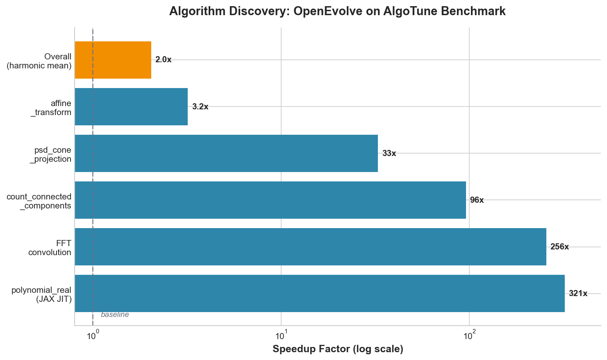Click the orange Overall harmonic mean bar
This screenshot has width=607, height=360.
(113, 60)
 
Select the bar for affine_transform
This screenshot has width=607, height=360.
(131, 106)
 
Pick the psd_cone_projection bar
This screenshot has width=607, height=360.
(226, 153)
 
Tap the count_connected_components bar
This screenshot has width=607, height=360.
(271, 200)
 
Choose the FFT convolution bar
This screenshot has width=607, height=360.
(311, 247)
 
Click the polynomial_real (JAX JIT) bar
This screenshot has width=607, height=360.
(320, 293)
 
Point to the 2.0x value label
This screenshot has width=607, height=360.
(164, 60)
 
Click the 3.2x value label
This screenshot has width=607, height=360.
(200, 107)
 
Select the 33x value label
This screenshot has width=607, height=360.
(389, 154)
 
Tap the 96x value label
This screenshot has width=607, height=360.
(477, 200)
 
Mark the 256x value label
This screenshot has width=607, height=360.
(560, 247)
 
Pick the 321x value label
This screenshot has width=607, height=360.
(578, 294)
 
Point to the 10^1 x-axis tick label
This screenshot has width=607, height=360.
(281, 335)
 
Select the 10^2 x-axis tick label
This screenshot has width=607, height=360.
(469, 335)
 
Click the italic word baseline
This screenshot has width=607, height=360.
(115, 315)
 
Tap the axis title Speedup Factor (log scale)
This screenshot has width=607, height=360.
(338, 349)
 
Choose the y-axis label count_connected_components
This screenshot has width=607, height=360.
(39, 201)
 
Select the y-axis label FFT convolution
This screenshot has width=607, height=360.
(50, 248)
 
